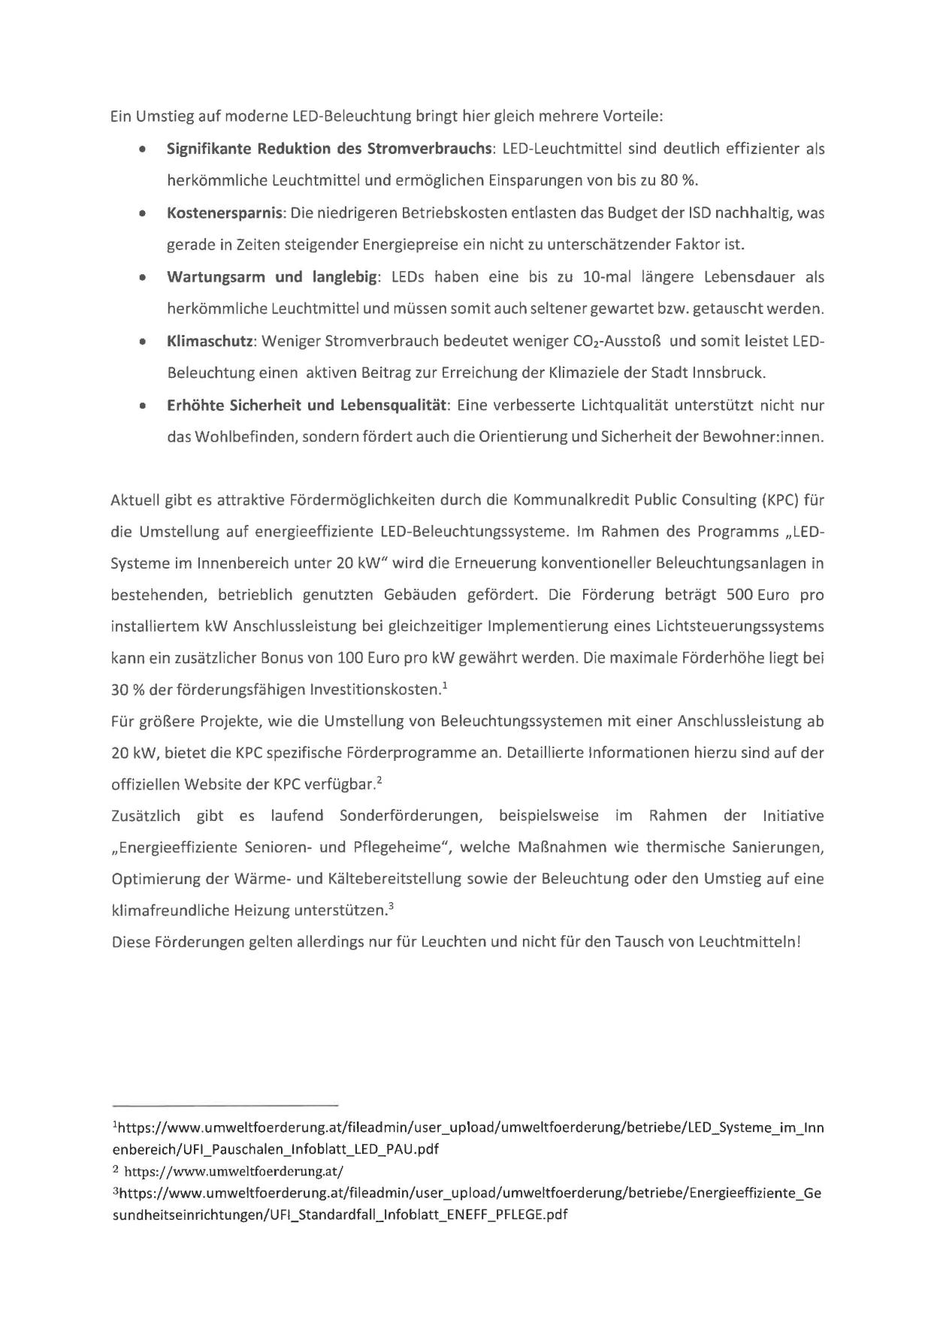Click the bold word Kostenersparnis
click(x=225, y=213)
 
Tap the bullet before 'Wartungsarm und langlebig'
click(x=142, y=277)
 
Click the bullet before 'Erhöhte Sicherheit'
click(x=142, y=406)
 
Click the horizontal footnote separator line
click(x=225, y=1106)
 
